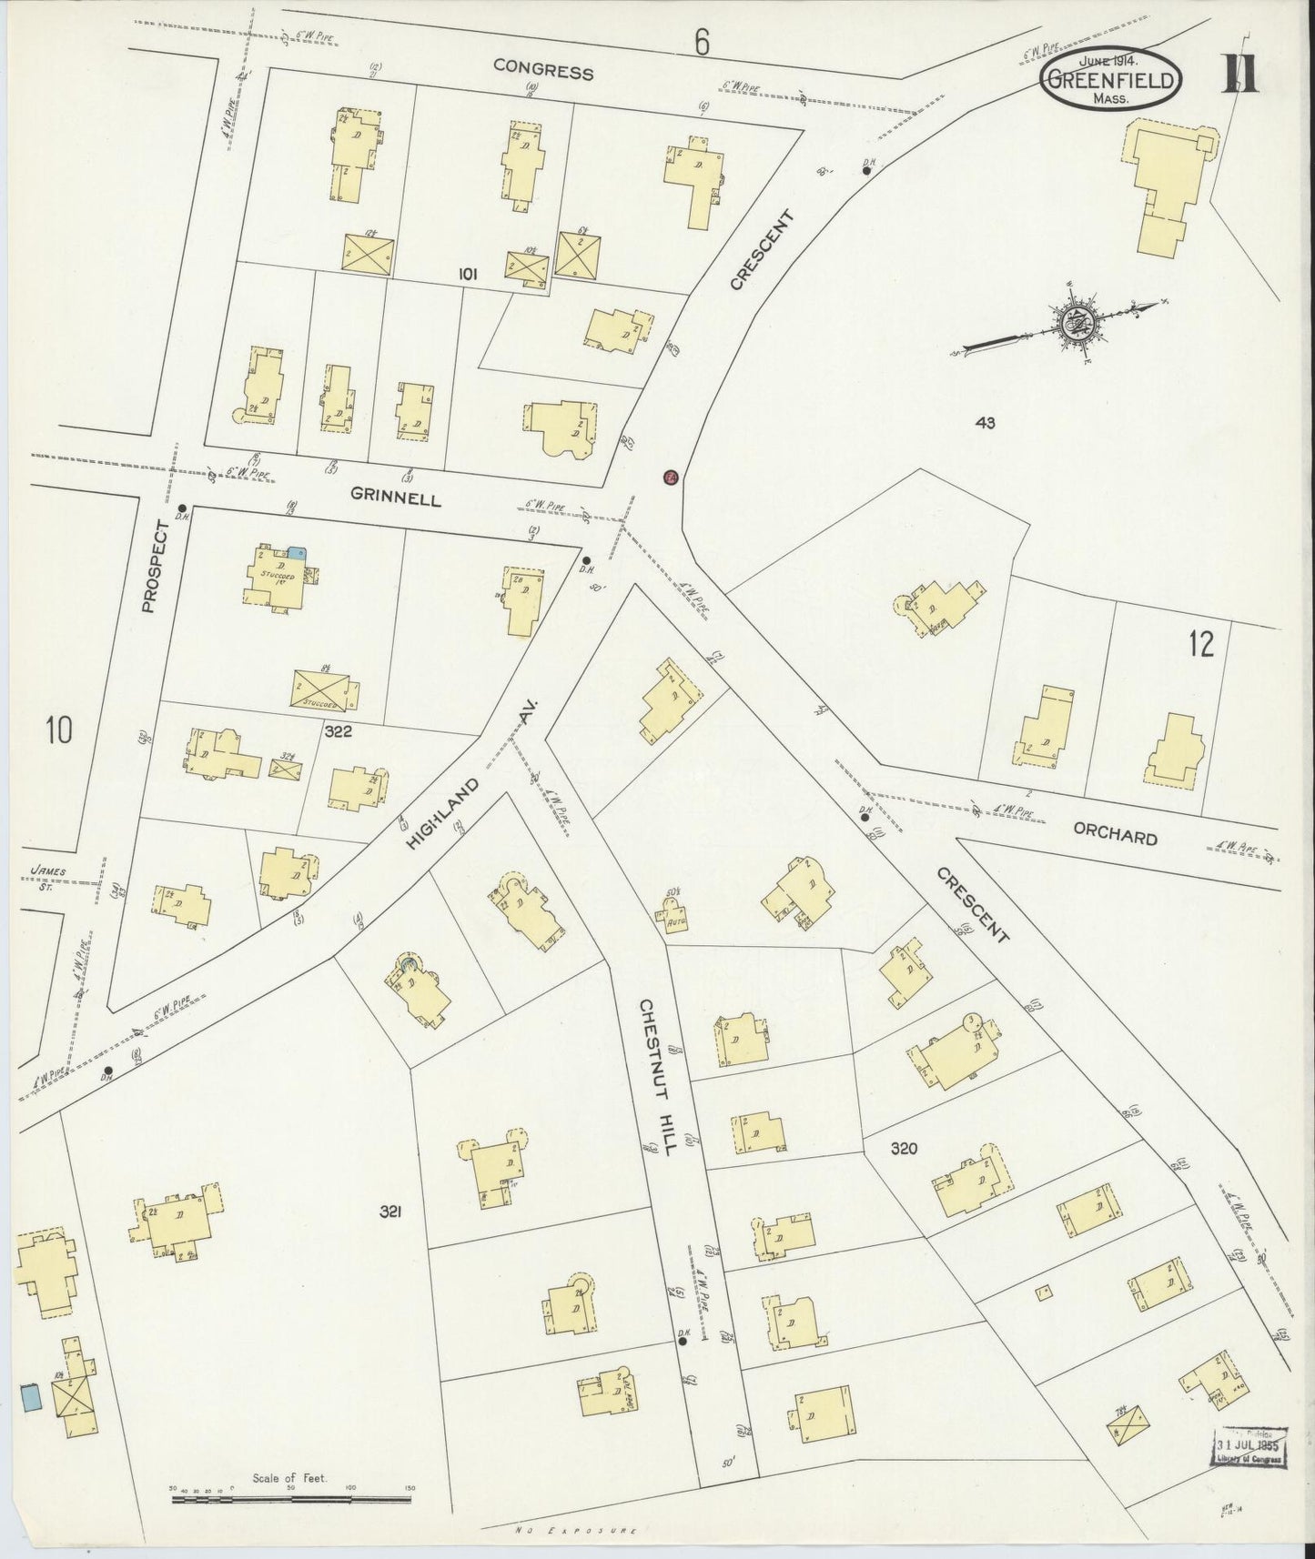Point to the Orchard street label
click(x=1114, y=836)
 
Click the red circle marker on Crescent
click(x=670, y=478)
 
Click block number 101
click(x=469, y=273)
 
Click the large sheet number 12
click(x=1200, y=644)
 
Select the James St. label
click(x=47, y=876)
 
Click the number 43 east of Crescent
click(x=984, y=422)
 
